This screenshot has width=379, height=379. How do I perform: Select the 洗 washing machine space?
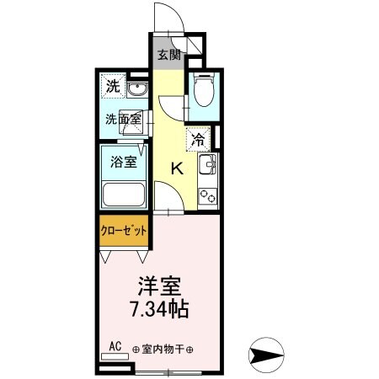click(x=112, y=85)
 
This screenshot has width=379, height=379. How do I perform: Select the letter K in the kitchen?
click(x=178, y=168)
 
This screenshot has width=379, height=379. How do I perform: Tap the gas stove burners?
click(x=208, y=194)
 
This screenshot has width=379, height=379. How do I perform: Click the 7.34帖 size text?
click(x=160, y=308)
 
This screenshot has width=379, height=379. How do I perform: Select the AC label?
click(x=115, y=345)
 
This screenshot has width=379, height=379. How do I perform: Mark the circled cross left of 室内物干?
click(x=135, y=350)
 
